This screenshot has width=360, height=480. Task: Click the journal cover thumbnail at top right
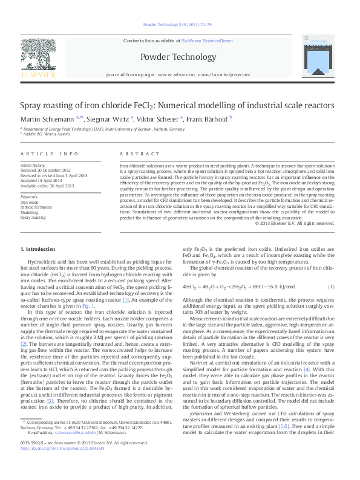click(x=321, y=57)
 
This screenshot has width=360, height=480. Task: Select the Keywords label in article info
click(x=30, y=196)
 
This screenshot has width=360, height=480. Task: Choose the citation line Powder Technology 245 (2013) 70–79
click(x=180, y=25)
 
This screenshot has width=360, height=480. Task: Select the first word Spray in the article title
click(x=31, y=104)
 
